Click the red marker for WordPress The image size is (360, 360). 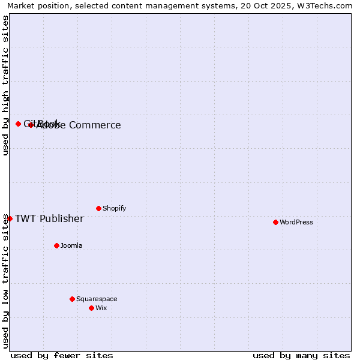tap(275, 222)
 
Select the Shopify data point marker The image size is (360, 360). tap(98, 208)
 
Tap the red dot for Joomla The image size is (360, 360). tap(56, 245)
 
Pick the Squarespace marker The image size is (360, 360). tap(72, 299)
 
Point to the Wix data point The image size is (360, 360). tap(91, 308)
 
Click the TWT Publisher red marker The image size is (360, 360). tap(10, 218)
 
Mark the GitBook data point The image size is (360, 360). tap(18, 124)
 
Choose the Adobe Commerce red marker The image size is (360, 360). tap(31, 125)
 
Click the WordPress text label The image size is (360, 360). tap(296, 222)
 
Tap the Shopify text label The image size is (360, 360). tap(114, 208)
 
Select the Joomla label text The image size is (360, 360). tap(71, 245)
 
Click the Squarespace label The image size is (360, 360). tap(97, 299)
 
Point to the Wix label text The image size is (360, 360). tap(101, 308)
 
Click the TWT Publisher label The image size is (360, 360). tap(49, 218)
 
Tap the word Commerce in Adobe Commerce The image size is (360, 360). tap(95, 125)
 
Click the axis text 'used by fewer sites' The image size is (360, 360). tap(62, 355)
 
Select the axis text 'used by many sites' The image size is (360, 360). tap(301, 355)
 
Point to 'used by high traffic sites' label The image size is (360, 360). tap(5, 85)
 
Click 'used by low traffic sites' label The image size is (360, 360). tap(5, 280)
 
